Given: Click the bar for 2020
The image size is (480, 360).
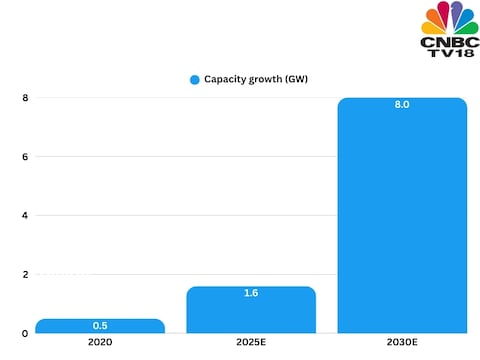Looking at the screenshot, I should (x=100, y=326).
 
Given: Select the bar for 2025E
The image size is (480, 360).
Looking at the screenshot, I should (x=251, y=310).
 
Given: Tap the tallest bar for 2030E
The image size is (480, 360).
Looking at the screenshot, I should (x=402, y=215).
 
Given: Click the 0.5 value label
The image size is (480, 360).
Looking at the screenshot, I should (x=100, y=326).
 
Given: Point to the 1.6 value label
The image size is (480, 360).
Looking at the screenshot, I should (x=251, y=294).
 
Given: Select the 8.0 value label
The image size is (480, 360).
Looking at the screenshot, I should (x=402, y=105).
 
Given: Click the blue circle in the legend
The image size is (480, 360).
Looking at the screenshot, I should (x=194, y=78).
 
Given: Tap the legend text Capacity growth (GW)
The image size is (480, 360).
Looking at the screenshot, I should (x=257, y=78).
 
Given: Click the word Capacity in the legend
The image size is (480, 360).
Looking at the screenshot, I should (x=227, y=78).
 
